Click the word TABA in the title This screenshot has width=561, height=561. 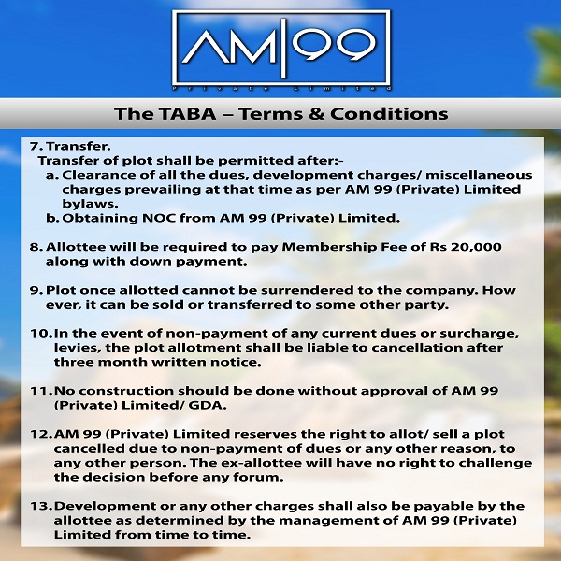[x=188, y=114]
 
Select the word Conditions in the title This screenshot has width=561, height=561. [x=389, y=114]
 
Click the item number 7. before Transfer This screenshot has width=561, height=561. [x=36, y=147]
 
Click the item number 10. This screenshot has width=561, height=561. [x=41, y=334]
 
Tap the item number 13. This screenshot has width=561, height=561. [x=41, y=506]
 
